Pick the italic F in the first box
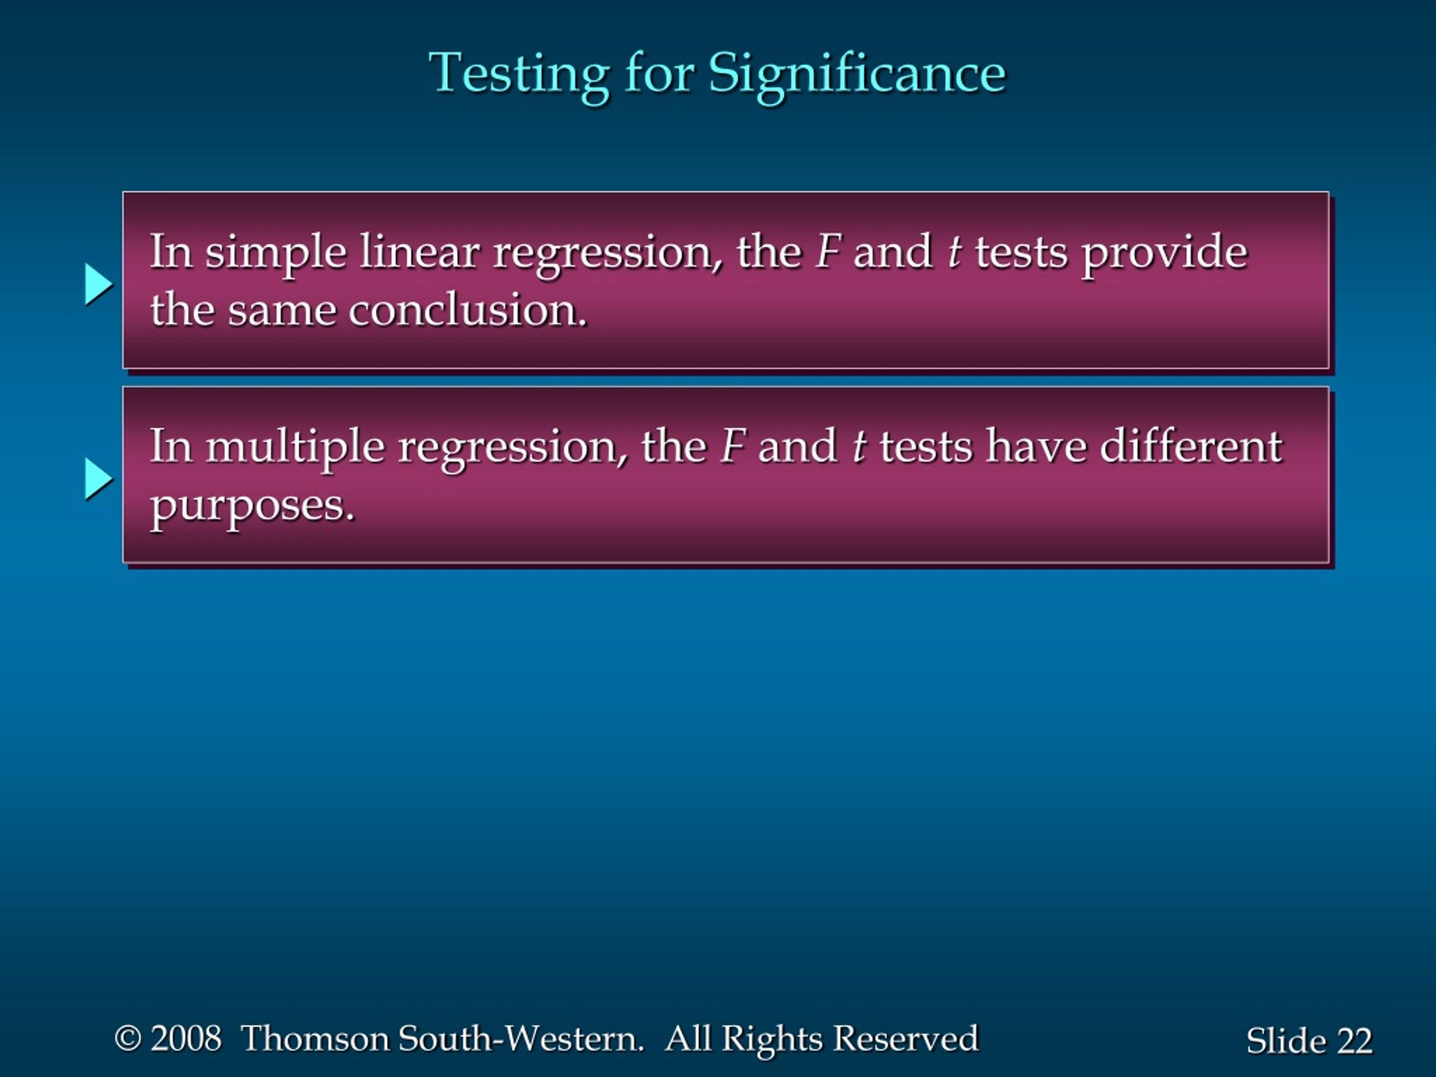click(x=829, y=252)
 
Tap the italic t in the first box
click(x=954, y=252)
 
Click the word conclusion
click(x=467, y=310)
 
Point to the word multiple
click(x=296, y=449)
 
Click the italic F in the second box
click(x=733, y=447)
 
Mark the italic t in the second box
click(x=859, y=447)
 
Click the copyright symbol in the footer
click(x=128, y=1038)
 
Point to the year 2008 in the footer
click(x=186, y=1038)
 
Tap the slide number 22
click(x=1354, y=1041)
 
